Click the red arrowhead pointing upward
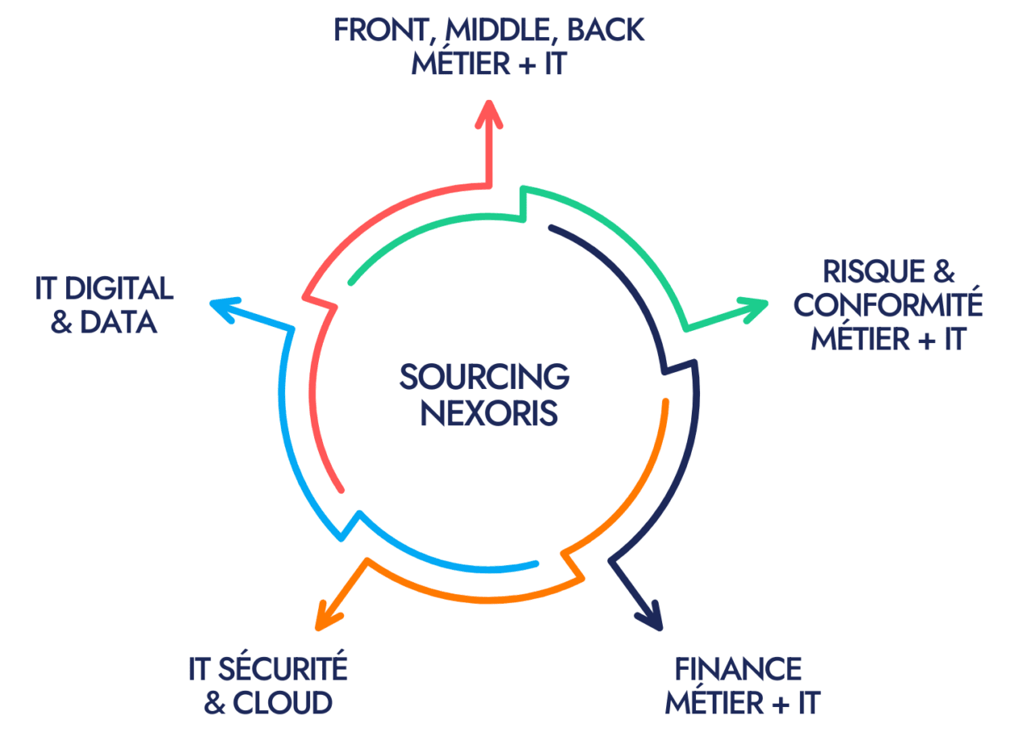point(488,114)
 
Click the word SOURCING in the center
point(484,376)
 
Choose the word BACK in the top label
point(607,30)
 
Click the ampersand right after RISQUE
point(943,271)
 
